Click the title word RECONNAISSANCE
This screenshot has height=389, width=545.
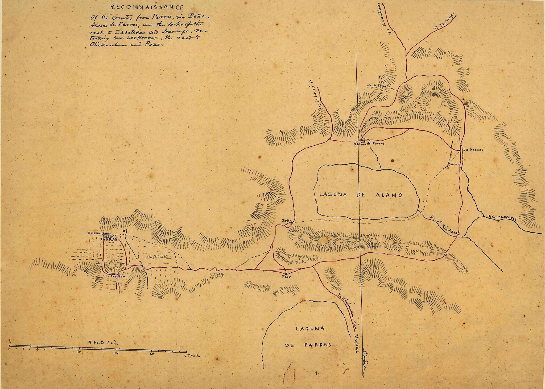[x=147, y=7]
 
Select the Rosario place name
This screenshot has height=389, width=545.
[x=93, y=233]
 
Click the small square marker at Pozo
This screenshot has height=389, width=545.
[x=286, y=273]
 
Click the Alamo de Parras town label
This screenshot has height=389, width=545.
[x=369, y=143]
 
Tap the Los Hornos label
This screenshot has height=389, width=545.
[x=473, y=150]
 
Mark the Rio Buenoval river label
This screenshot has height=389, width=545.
[x=502, y=218]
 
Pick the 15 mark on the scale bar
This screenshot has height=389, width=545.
[x=116, y=353]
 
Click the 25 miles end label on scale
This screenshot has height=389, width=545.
[x=191, y=355]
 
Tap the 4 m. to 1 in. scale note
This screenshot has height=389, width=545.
[x=104, y=343]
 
